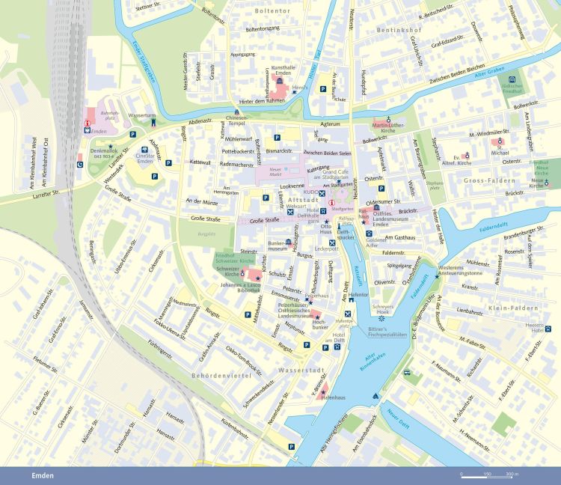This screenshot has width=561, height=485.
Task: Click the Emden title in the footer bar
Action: click(x=42, y=475)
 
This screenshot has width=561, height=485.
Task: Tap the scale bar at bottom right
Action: click(x=490, y=475)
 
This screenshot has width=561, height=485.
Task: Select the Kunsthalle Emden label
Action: click(x=278, y=71)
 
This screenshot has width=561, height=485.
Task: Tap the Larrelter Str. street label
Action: click(x=50, y=193)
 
